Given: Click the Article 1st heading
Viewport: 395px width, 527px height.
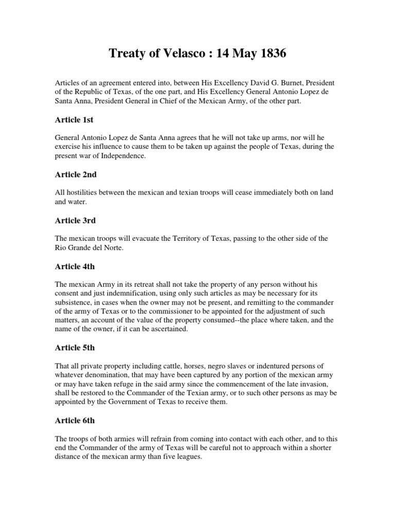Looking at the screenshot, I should coord(74,120).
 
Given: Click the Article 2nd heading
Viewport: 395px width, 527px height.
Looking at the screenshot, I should coord(76,174).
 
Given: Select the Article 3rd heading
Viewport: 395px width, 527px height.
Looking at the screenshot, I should coord(75,220).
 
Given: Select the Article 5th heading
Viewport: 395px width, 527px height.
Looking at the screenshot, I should coord(75,347).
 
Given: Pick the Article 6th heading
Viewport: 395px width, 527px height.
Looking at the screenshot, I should coord(75,420).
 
